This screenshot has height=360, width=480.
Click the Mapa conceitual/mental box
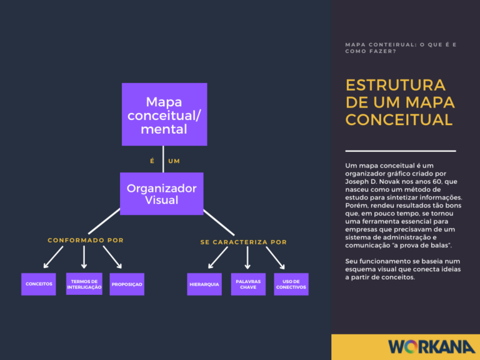click(164, 114)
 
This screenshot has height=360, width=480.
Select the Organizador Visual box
click(161, 194)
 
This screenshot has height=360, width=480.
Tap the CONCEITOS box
click(39, 284)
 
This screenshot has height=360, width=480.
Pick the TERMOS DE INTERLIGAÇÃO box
click(84, 284)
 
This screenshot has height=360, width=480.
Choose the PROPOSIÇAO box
click(127, 284)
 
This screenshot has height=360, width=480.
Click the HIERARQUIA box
click(204, 284)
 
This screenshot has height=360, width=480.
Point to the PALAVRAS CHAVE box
click(248, 284)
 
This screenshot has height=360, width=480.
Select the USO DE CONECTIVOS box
click(291, 284)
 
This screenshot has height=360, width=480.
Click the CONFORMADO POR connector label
click(86, 240)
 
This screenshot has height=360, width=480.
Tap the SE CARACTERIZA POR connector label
click(244, 242)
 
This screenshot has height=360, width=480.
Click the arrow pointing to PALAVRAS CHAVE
click(248, 257)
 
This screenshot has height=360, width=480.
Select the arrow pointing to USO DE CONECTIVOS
click(276, 257)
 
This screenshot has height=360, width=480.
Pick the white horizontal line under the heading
click(401, 151)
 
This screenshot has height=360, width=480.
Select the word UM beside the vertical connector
click(174, 161)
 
